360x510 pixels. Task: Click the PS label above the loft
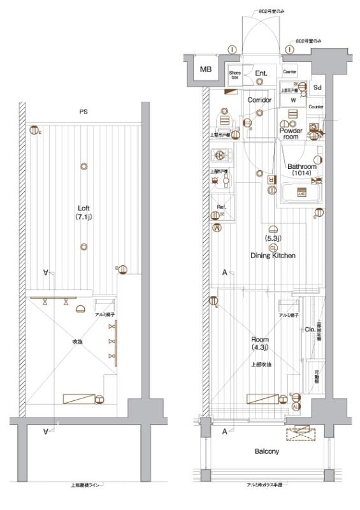83,112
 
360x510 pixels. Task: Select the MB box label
206,69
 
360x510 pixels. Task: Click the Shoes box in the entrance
235,75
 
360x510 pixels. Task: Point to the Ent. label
262,73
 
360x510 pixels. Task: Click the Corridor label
259,100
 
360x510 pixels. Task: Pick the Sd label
317,87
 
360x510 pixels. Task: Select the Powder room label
291,133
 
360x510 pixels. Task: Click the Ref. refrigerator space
222,207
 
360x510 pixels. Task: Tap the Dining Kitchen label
273,256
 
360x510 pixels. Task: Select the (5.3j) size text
273,238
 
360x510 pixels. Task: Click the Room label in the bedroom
259,340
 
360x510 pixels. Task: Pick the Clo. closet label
308,330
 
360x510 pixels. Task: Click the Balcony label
266,451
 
